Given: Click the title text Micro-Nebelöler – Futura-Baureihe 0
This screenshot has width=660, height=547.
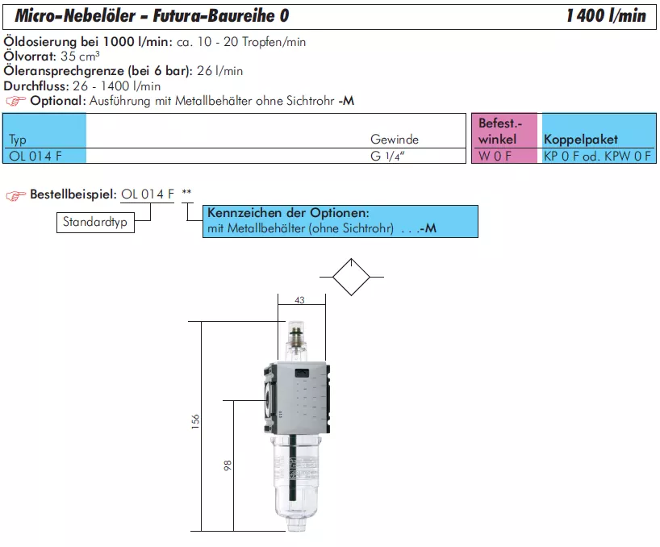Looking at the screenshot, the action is (x=152, y=16).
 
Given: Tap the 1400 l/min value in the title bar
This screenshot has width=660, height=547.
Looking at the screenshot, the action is (x=606, y=16).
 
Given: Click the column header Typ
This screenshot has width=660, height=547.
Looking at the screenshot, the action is (x=18, y=140).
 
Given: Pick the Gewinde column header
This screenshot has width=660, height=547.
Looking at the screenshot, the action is (x=395, y=140).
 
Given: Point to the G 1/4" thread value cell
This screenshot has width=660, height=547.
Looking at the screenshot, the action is (x=387, y=156).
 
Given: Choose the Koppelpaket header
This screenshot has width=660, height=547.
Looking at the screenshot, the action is (x=581, y=140).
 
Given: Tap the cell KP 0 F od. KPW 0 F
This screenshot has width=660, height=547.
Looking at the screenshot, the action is (x=597, y=156).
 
